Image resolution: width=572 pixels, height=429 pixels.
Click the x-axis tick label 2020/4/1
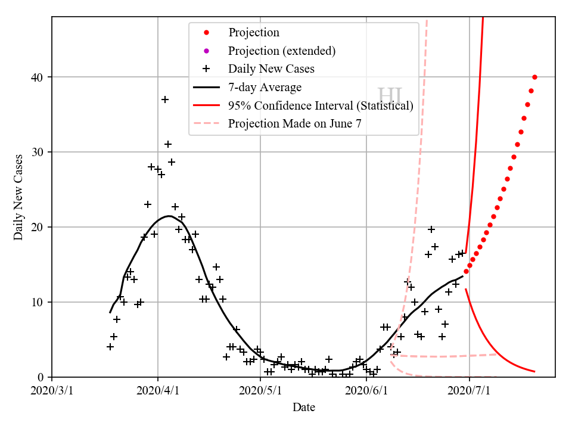click(x=158, y=391)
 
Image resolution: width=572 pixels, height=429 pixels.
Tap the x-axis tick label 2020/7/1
click(x=470, y=391)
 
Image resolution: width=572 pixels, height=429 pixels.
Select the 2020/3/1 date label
click(x=52, y=391)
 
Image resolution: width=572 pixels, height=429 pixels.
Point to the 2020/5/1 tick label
click(x=260, y=391)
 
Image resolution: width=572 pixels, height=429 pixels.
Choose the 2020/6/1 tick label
click(x=366, y=391)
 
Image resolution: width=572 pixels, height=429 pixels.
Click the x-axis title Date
click(x=303, y=408)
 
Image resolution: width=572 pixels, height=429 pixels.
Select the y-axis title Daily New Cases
click(x=19, y=197)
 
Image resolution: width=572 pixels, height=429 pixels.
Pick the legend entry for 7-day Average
click(x=265, y=88)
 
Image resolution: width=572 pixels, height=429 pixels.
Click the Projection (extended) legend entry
click(x=282, y=51)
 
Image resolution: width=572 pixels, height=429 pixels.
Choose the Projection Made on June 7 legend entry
click(x=294, y=124)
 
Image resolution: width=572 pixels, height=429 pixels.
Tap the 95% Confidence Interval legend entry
click(x=321, y=105)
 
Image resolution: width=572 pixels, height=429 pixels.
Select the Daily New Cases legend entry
click(x=271, y=69)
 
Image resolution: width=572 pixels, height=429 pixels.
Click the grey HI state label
click(x=390, y=95)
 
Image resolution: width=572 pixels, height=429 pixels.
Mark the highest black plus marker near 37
click(x=165, y=100)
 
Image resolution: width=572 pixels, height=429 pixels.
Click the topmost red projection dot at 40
click(x=534, y=77)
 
